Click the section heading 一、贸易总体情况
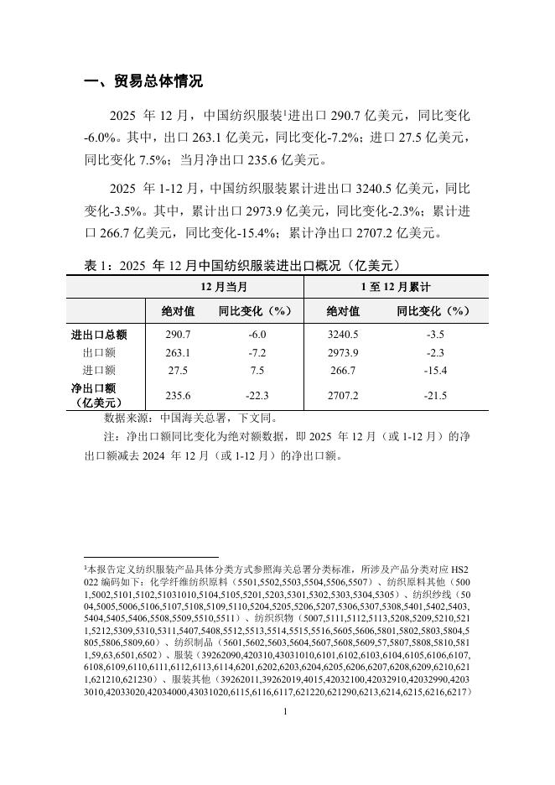(x=144, y=81)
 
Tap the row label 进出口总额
(x=99, y=335)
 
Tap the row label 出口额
(x=99, y=352)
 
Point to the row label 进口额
(x=99, y=370)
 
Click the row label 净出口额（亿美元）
(x=99, y=394)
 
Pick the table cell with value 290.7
(x=179, y=335)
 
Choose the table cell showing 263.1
(x=179, y=352)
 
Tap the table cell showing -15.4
(x=436, y=370)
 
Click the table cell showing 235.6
(x=179, y=394)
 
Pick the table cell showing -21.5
(x=436, y=394)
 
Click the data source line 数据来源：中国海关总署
(x=189, y=417)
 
